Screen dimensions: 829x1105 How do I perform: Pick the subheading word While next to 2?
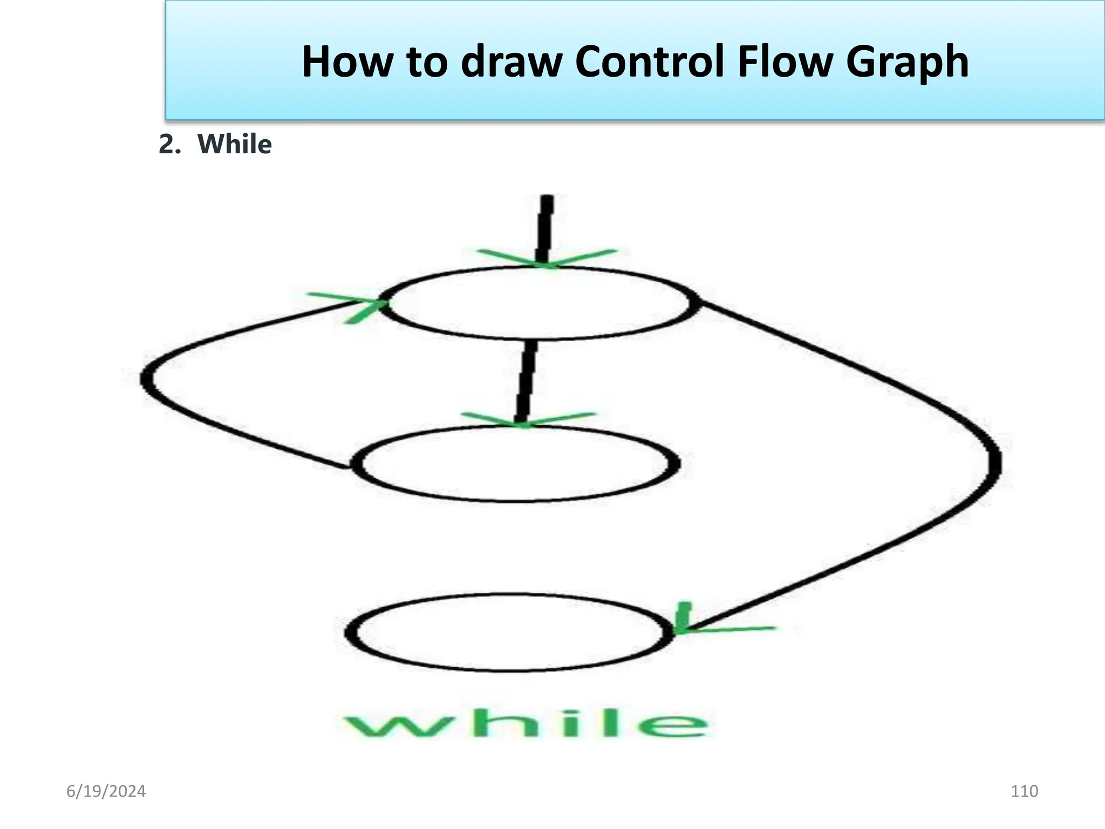coord(234,145)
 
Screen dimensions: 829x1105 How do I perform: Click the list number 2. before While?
coord(169,145)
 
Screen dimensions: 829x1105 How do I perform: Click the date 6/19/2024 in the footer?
coord(106,791)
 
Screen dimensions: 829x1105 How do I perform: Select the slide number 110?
coord(1024,791)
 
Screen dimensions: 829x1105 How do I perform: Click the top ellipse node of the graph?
coord(540,303)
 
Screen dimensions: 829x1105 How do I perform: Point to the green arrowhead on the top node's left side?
coord(359,305)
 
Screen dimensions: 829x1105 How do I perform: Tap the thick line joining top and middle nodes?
coord(526,380)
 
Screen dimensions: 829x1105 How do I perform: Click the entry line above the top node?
coord(545,227)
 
